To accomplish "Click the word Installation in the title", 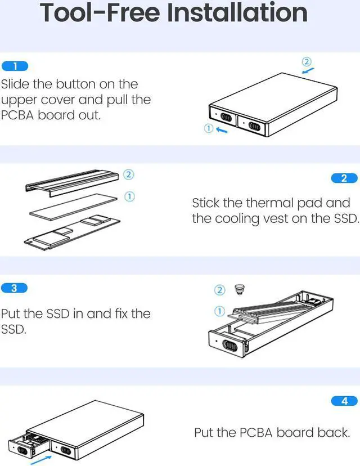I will (239, 14).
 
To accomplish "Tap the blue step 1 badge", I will (15, 66).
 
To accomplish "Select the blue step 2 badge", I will (345, 178).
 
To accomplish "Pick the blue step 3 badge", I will (15, 288).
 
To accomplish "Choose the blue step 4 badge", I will (345, 401).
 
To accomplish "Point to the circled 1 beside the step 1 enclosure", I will (208, 129).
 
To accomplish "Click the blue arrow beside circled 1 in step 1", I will (222, 129).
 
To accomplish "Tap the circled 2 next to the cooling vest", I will (128, 174).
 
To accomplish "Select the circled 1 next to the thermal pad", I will (128, 196).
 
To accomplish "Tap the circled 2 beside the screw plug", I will (220, 290).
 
